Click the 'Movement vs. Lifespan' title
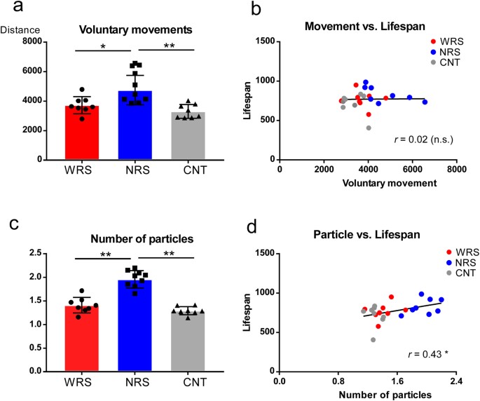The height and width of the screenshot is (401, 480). pyautogui.click(x=359, y=26)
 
